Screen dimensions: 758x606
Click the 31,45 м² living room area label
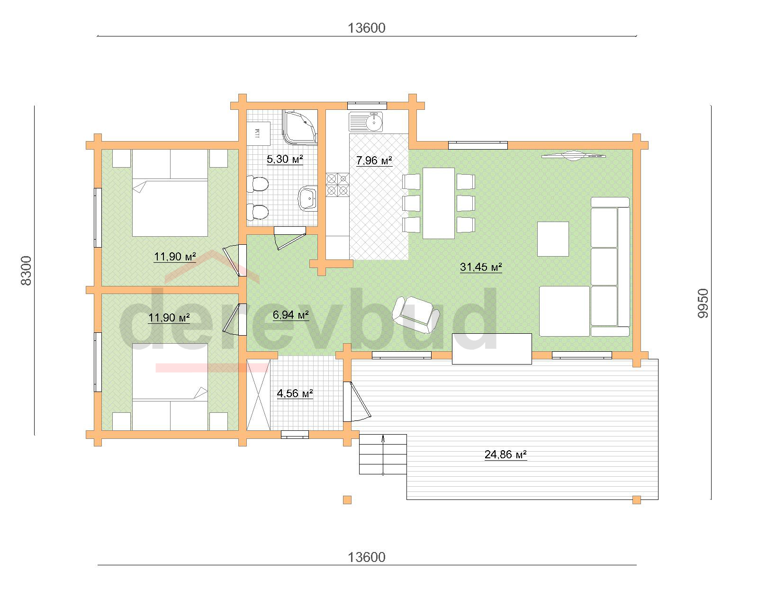pos(481,267)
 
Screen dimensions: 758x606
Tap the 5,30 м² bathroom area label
pos(285,159)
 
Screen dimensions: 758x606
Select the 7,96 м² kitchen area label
pos(374,160)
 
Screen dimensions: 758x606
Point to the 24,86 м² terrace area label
pos(505,454)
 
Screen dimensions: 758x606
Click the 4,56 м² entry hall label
pos(295,393)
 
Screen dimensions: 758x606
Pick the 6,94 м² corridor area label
pos(290,315)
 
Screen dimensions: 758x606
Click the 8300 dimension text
pos(27,270)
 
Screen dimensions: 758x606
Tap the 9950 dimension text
pos(703,303)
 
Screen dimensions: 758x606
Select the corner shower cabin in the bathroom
pos(300,127)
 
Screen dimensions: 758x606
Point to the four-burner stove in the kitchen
pos(337,185)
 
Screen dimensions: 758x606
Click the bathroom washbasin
pos(308,198)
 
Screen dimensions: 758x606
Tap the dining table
pos(439,203)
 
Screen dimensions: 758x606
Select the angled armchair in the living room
pos(416,314)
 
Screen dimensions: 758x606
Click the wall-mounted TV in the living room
pos(573,156)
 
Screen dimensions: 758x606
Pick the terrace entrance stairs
pos(383,454)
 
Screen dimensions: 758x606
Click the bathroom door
pos(289,238)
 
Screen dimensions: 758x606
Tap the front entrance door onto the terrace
pos(356,401)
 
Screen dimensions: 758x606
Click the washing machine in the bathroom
pos(259,134)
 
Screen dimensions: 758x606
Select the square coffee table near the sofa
pos(553,239)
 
